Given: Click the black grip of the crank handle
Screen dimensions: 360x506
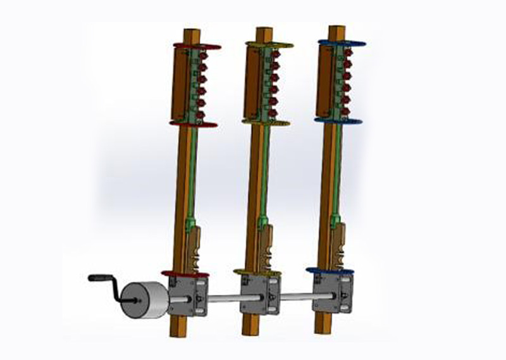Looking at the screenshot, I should pyautogui.click(x=98, y=277).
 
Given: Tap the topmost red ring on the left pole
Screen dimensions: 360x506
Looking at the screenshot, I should pyautogui.click(x=197, y=46).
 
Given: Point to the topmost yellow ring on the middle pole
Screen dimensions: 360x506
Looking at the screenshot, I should pyautogui.click(x=269, y=45).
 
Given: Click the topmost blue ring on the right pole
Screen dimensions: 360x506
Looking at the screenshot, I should pyautogui.click(x=342, y=44).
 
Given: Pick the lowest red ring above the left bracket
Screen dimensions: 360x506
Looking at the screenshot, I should pyautogui.click(x=185, y=273).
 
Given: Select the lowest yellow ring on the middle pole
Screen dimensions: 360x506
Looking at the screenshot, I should pyautogui.click(x=257, y=273).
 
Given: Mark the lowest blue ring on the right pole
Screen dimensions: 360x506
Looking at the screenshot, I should pyautogui.click(x=330, y=271).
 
